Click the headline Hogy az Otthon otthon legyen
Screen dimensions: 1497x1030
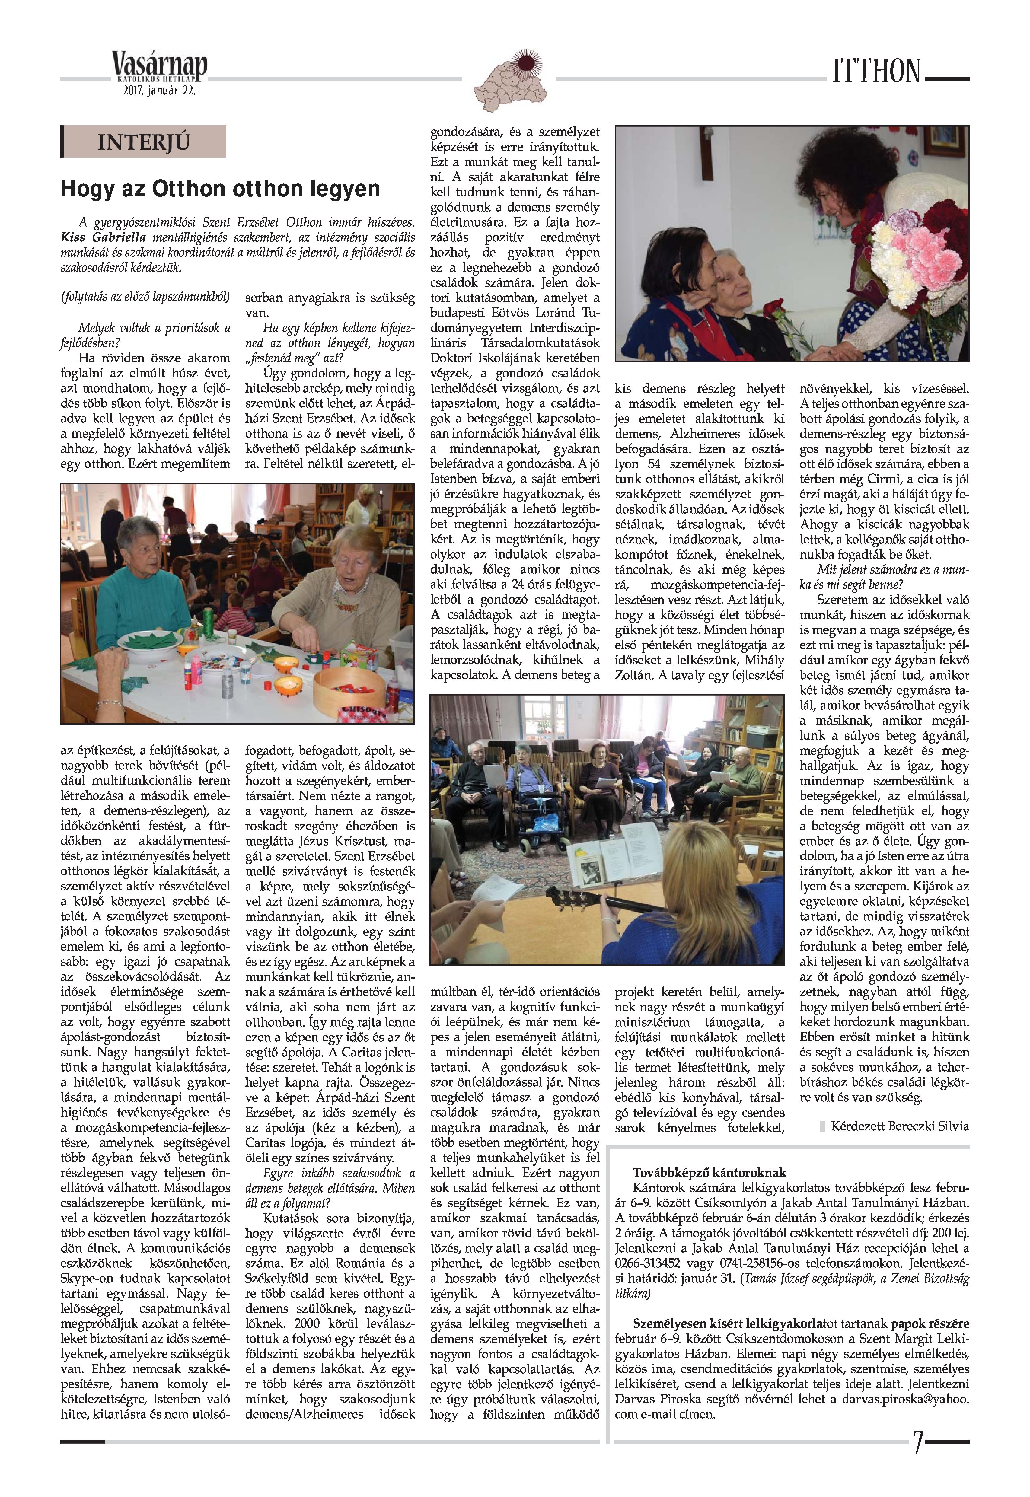tap(220, 189)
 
